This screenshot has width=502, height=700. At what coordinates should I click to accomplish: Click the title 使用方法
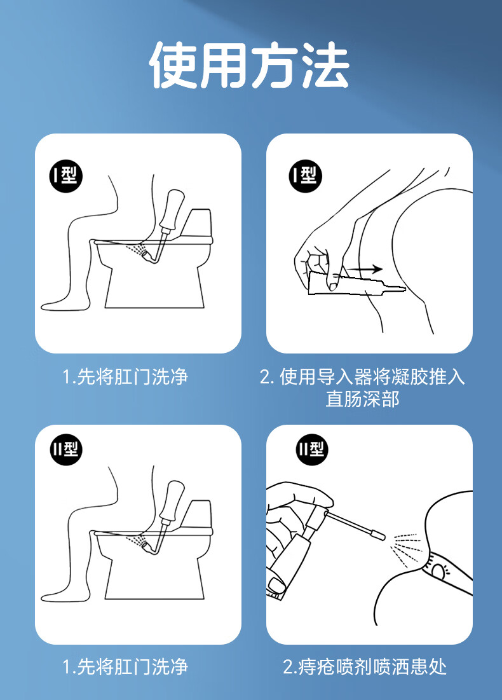tap(249, 65)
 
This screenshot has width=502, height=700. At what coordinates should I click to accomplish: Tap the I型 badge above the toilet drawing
tap(66, 175)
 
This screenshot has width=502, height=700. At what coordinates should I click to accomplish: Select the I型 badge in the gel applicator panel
tap(305, 175)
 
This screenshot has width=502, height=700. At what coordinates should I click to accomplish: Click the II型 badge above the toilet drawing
tap(66, 449)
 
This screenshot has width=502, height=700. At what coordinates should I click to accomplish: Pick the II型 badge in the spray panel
tap(311, 449)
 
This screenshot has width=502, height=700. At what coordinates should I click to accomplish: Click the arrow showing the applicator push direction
tap(364, 269)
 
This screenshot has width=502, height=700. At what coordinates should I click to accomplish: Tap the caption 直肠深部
tap(362, 399)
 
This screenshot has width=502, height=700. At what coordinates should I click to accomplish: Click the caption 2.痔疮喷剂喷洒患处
tap(365, 667)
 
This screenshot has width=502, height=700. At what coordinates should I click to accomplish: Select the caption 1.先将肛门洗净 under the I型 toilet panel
tap(125, 377)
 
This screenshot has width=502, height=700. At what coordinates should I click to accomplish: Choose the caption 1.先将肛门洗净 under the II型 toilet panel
tap(125, 667)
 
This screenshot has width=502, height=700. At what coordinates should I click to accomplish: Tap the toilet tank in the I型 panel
tap(198, 225)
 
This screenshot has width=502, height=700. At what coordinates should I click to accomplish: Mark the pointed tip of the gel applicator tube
tap(404, 289)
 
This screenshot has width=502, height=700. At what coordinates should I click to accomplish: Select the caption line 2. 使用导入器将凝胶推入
tap(362, 377)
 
